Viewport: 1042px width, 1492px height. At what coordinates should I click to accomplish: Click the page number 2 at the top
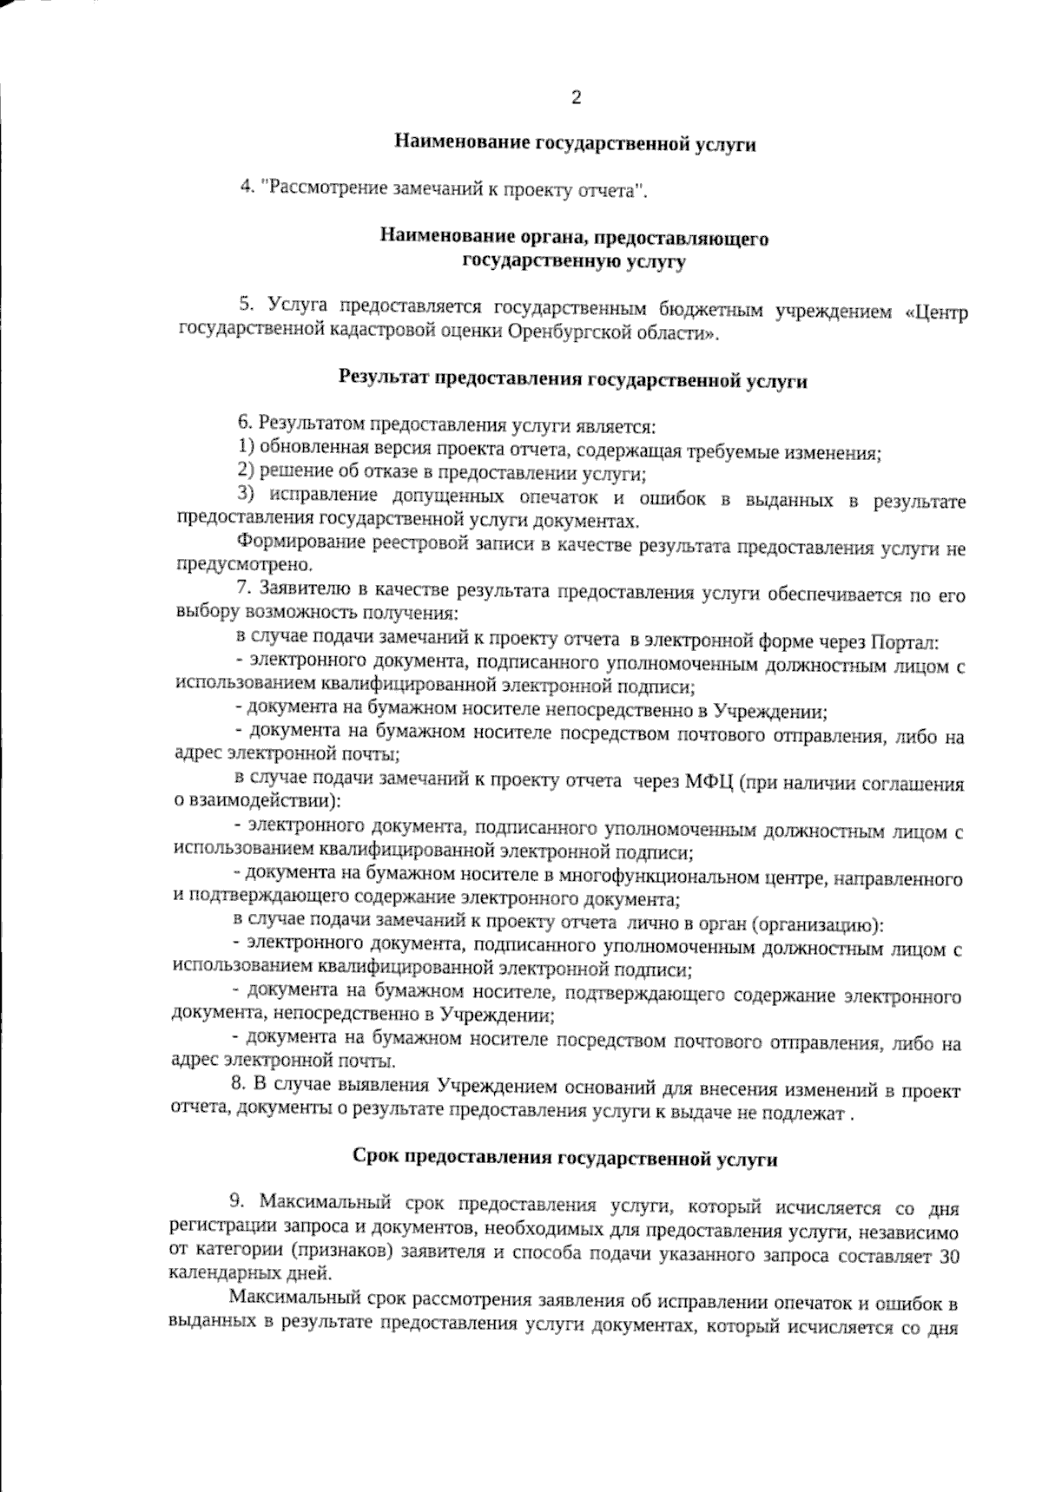pos(575,97)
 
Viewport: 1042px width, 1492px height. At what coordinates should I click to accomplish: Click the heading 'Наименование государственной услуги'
pos(575,144)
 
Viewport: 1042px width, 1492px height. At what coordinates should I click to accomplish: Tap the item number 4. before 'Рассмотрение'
pos(247,187)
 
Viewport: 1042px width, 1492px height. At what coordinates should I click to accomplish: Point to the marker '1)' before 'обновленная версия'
pos(246,449)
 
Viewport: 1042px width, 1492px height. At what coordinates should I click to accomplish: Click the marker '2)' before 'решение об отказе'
pos(246,472)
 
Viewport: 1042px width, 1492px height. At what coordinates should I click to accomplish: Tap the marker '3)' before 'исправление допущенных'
pos(246,496)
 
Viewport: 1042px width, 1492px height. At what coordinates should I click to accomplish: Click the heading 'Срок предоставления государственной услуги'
pos(565,1158)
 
